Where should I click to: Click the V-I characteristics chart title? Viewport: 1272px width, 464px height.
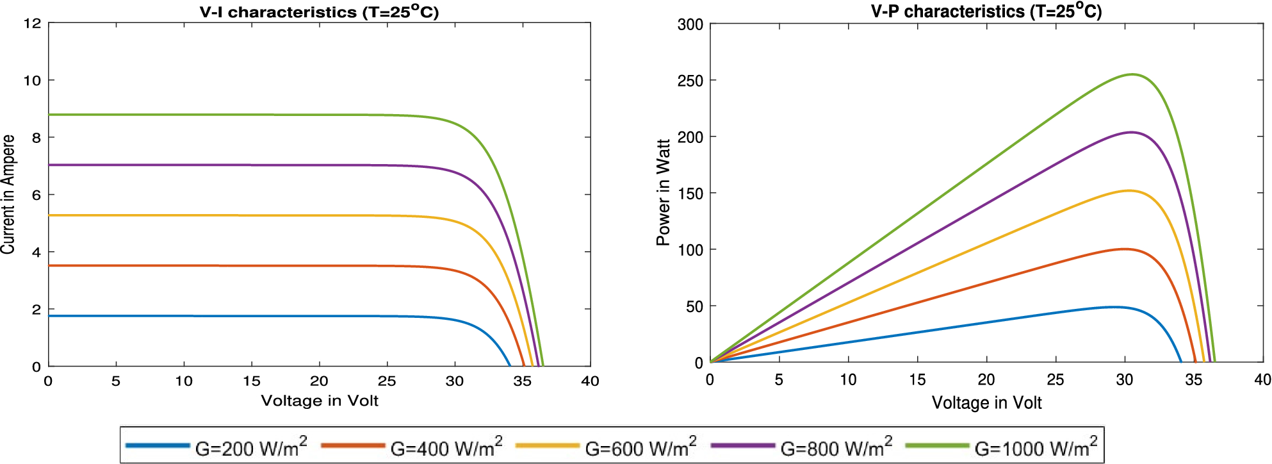pos(319,12)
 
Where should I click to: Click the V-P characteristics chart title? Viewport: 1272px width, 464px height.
pos(986,12)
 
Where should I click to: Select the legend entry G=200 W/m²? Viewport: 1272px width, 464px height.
pos(250,447)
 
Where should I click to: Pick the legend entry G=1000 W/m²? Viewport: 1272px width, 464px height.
pos(1035,447)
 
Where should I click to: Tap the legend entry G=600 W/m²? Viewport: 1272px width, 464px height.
pos(640,447)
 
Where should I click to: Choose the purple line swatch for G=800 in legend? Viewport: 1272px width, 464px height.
pos(743,445)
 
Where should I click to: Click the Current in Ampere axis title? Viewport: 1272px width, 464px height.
pos(8,194)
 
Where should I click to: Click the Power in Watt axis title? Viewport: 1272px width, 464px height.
pos(663,192)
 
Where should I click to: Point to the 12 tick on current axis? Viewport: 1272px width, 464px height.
pos(32,24)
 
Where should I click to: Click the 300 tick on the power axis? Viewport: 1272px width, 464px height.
pos(690,25)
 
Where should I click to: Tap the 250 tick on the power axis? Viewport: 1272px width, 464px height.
pos(690,81)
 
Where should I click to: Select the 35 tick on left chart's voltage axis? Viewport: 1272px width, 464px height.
pos(522,381)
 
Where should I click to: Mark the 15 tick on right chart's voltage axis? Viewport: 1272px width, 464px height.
pos(917,380)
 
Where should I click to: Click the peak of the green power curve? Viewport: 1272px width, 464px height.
pos(1132,74)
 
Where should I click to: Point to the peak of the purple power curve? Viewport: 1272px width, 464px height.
pos(1131,133)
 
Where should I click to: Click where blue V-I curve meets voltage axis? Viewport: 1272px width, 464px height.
pos(510,366)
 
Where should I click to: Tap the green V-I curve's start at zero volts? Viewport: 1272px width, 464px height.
pos(49,115)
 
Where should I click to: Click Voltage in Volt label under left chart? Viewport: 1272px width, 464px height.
pos(319,401)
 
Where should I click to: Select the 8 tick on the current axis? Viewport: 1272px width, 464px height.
pos(37,138)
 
